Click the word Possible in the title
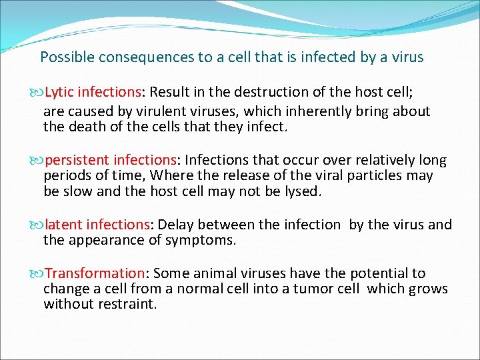(65, 57)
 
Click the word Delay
(176, 225)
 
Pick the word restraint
(127, 305)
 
